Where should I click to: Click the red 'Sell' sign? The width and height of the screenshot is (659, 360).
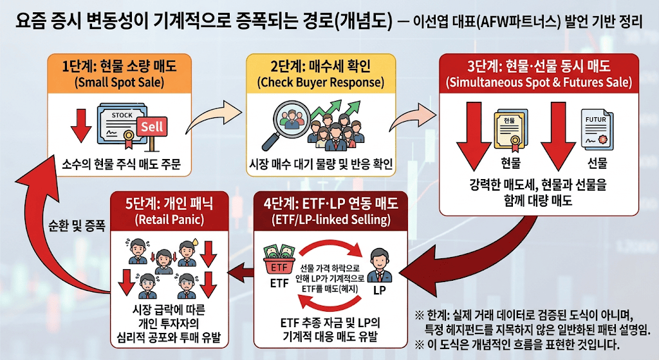(x=152, y=127)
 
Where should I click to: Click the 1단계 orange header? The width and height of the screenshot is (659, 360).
(x=119, y=73)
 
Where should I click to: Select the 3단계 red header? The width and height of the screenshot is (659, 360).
(x=539, y=73)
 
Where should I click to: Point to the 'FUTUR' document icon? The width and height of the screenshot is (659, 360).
(x=597, y=129)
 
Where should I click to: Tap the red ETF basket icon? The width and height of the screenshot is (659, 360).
(x=279, y=261)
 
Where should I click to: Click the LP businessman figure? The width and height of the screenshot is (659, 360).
(x=380, y=266)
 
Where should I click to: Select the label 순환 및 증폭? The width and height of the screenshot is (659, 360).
(x=77, y=226)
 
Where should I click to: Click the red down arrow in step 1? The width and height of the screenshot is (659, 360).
(x=81, y=126)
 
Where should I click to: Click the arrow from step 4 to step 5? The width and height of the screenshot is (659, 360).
(x=242, y=270)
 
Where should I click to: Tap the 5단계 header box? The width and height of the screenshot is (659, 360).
(x=170, y=211)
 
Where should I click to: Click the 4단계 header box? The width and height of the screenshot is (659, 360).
(x=331, y=211)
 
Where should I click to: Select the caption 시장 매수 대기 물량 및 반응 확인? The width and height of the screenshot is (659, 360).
(x=320, y=164)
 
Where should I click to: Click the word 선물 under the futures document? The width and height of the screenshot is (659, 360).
(x=597, y=163)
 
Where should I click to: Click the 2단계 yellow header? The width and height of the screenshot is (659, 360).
(x=320, y=73)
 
